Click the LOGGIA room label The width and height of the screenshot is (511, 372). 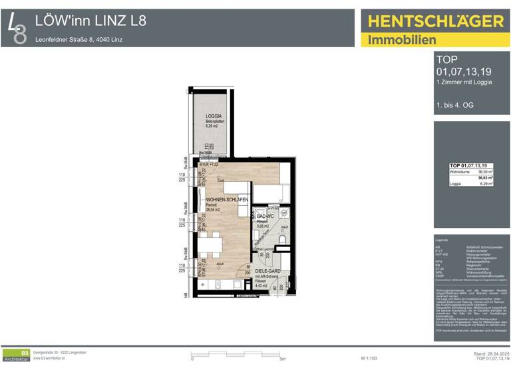point(214,116)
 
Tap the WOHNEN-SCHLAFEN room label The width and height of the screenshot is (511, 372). point(228,200)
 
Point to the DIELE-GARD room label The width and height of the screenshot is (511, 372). point(267,272)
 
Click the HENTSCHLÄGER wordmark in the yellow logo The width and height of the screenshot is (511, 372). point(436,21)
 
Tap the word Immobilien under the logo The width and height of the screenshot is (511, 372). point(397,40)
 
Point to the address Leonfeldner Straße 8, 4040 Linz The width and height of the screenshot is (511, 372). point(79,39)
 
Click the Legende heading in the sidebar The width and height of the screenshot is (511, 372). point(442,240)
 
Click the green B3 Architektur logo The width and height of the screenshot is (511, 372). point(17,355)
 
